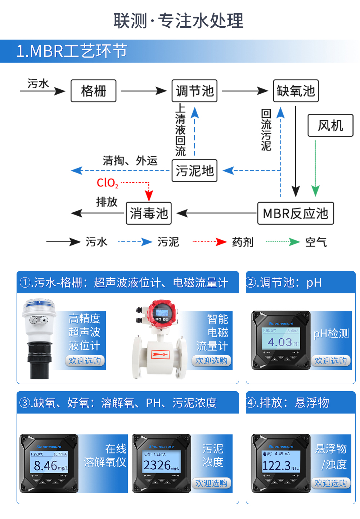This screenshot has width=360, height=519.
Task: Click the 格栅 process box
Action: (x=94, y=91)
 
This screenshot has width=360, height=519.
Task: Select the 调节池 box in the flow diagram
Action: (x=194, y=91)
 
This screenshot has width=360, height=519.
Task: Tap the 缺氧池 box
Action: (x=296, y=91)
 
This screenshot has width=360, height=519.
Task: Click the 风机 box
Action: (x=330, y=126)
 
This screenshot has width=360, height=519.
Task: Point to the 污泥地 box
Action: (x=194, y=171)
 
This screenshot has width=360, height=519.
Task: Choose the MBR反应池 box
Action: (x=296, y=213)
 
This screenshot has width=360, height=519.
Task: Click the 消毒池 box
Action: (x=149, y=213)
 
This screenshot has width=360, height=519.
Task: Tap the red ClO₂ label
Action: (x=107, y=183)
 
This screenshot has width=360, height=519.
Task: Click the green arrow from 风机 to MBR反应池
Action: (x=315, y=167)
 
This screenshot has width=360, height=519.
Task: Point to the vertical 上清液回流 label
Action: (x=180, y=130)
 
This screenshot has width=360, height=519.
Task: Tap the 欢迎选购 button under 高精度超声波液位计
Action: (x=85, y=361)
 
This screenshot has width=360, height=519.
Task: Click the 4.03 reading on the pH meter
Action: (x=280, y=342)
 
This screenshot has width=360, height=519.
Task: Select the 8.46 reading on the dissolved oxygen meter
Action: (x=45, y=466)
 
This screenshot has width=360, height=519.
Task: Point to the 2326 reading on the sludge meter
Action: (x=157, y=465)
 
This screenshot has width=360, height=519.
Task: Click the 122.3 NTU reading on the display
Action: (x=276, y=466)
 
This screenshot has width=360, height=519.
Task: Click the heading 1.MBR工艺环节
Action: (x=72, y=51)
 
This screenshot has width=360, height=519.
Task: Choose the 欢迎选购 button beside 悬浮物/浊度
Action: (x=330, y=483)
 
